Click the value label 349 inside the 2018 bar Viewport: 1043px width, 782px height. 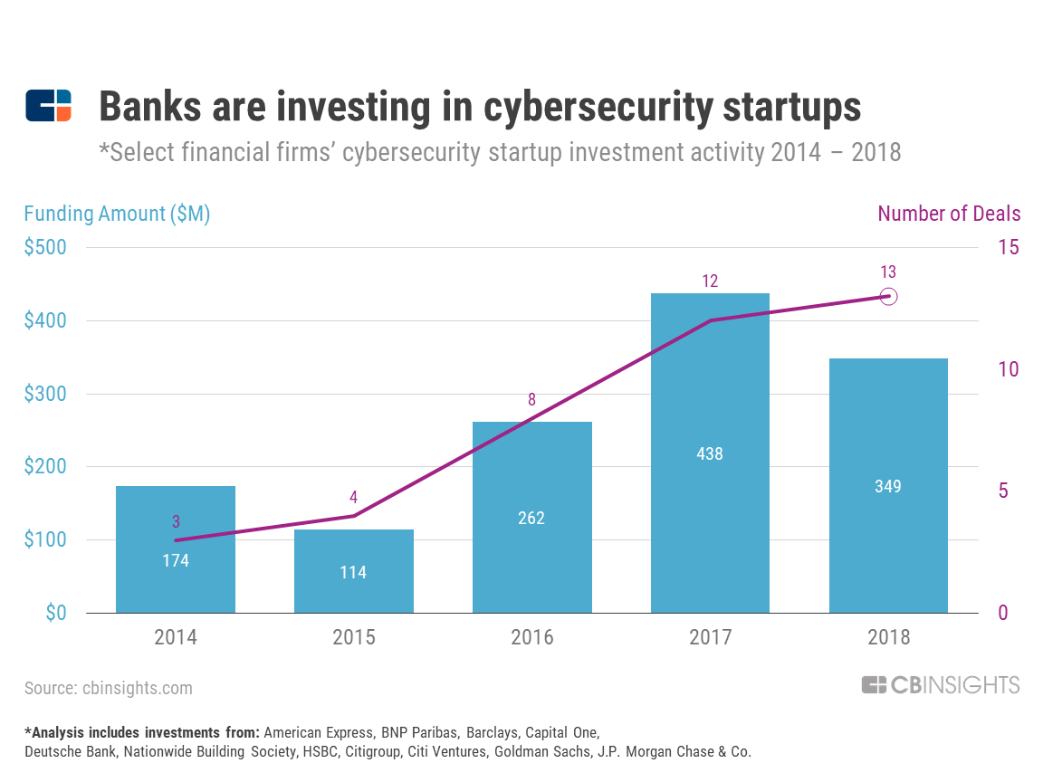888,487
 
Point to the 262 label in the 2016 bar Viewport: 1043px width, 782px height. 531,518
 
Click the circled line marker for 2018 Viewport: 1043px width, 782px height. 889,297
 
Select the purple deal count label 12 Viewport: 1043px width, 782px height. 710,281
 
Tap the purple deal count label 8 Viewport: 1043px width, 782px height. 531,400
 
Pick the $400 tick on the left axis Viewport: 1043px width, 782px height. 45,320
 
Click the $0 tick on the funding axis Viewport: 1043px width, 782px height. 56,613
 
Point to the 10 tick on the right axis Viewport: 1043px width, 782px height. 1009,369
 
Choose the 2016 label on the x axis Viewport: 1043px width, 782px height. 532,637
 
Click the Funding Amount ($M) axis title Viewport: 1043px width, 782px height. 117,214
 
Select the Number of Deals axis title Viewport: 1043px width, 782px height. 949,214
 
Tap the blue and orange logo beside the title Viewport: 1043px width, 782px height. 49,106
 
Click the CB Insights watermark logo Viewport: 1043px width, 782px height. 941,685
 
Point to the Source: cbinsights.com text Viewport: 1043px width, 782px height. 109,688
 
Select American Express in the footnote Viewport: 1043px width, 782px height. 318,733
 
